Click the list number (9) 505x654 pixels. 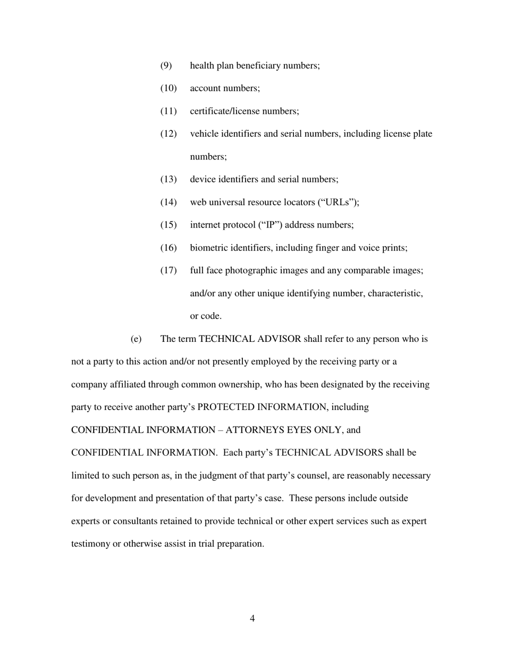(x=166, y=66)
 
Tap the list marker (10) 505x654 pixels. (x=168, y=89)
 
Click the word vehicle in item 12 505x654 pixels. (x=204, y=134)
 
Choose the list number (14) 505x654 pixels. (x=168, y=203)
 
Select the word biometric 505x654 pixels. (x=209, y=248)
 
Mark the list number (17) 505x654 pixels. (x=168, y=271)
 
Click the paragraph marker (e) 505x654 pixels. (x=136, y=339)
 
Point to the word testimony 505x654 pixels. (x=90, y=544)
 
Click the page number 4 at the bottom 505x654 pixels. (x=252, y=618)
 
